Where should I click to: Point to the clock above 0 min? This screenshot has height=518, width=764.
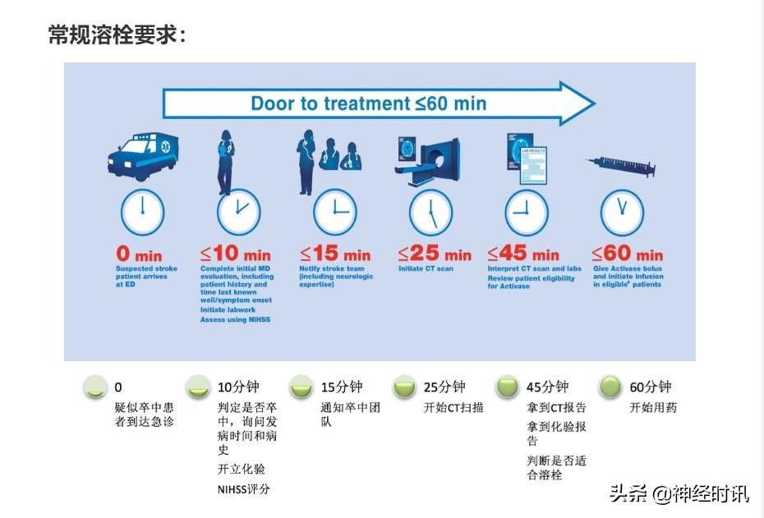(143, 213)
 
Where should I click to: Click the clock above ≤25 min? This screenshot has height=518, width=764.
(431, 213)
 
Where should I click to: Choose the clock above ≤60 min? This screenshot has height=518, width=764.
(623, 213)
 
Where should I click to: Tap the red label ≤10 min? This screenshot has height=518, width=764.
(236, 254)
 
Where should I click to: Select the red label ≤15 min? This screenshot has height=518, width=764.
(335, 254)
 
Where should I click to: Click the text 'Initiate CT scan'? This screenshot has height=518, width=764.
(426, 269)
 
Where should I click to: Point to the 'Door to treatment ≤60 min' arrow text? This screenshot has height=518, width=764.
(368, 103)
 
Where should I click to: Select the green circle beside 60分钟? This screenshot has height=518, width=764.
(610, 387)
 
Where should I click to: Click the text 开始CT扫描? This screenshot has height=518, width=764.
(453, 408)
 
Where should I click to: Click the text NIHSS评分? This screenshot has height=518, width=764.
(243, 490)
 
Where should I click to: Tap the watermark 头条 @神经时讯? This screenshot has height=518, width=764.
(679, 493)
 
